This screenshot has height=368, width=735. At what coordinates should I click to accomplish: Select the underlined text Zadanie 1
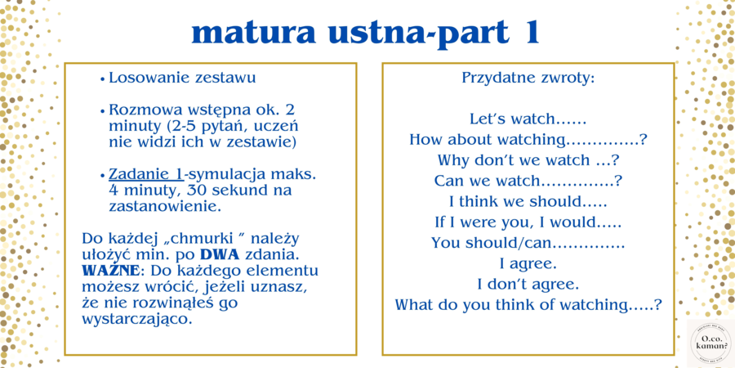(145, 174)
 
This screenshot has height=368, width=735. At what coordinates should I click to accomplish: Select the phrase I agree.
(528, 263)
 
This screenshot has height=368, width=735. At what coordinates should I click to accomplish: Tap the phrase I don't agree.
(528, 284)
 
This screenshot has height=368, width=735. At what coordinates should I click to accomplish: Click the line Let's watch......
(528, 119)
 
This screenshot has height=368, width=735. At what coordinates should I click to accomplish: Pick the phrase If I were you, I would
(528, 222)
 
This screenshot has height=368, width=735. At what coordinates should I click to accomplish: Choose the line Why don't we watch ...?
(528, 159)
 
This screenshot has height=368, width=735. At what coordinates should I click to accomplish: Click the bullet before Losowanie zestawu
(102, 79)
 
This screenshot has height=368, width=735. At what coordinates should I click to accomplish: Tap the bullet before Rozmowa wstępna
(102, 110)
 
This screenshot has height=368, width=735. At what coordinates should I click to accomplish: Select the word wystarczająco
(137, 318)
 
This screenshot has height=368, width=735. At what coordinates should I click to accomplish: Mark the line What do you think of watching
(528, 304)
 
